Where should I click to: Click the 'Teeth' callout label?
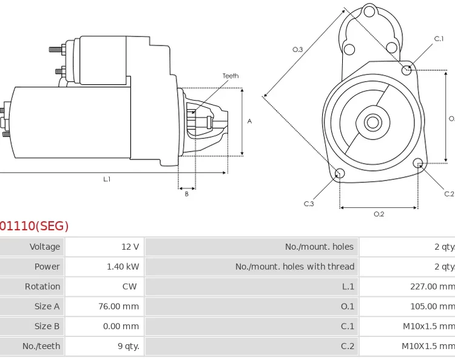tap(230, 76)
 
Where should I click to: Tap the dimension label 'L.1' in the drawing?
tap(107, 179)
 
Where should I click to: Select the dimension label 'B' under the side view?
tap(186, 194)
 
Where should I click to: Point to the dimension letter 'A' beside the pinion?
tap(249, 122)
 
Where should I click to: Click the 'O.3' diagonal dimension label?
tap(297, 50)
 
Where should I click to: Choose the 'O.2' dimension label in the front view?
tap(379, 214)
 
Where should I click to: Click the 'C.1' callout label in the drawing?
tap(439, 39)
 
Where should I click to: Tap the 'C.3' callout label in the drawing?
tap(309, 204)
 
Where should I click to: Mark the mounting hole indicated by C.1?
tap(407, 70)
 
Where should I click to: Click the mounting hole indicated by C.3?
tap(340, 174)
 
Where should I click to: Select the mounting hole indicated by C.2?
tap(417, 163)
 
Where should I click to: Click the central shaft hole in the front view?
tap(372, 122)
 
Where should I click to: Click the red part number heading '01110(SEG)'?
tap(34, 226)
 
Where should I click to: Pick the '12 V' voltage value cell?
tap(130, 247)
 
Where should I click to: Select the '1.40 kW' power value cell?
tap(123, 267)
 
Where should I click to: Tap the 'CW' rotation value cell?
tap(130, 287)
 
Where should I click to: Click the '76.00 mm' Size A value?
tap(118, 307)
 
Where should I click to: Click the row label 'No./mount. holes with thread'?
tap(295, 267)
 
